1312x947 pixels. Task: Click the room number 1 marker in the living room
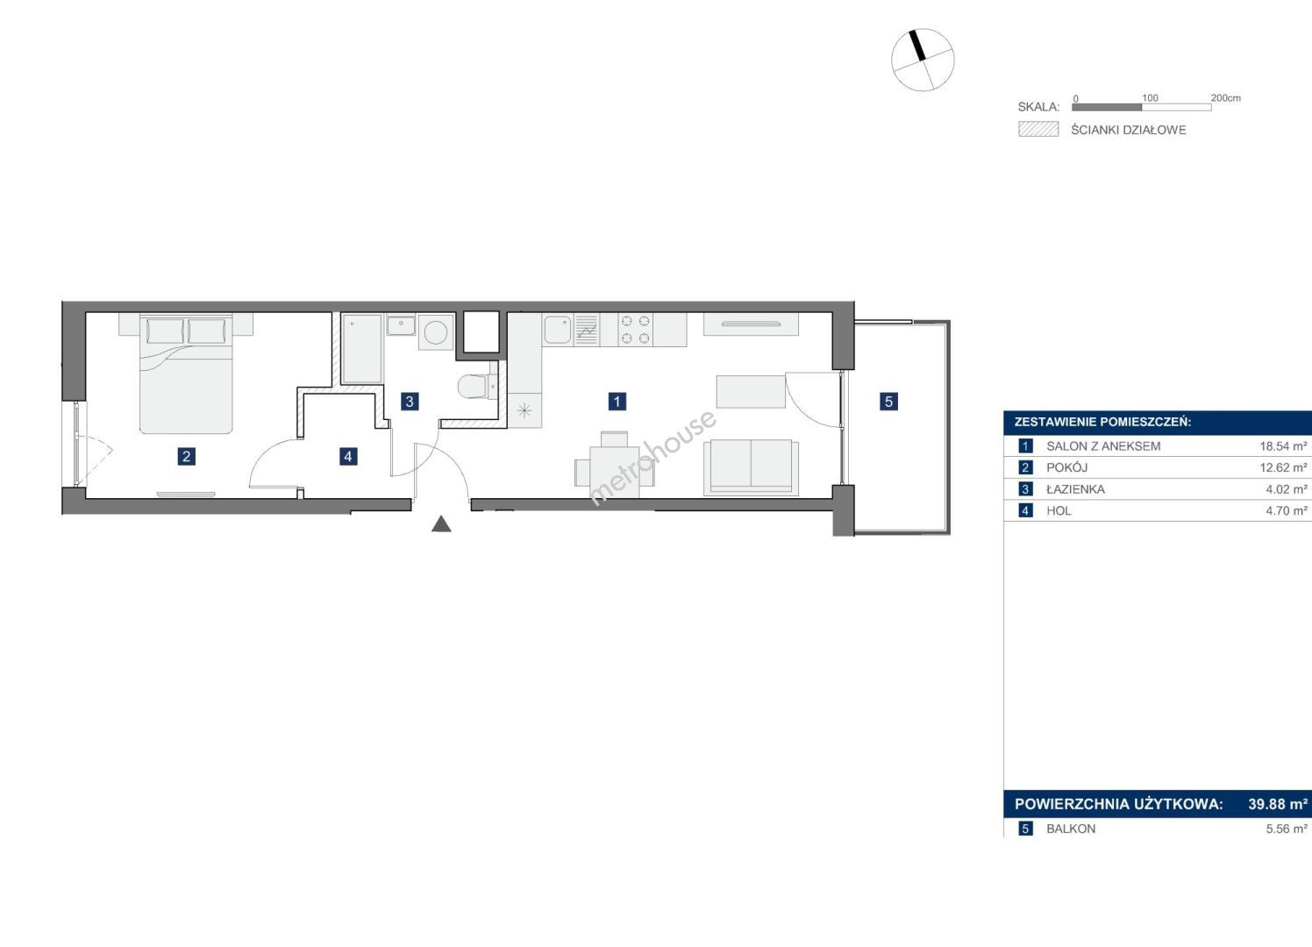pos(617,402)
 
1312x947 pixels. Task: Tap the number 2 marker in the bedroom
pos(186,456)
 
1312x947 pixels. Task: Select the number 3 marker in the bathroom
pos(410,402)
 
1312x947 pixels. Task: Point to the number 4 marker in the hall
pos(348,456)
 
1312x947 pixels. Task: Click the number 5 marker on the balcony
pos(888,402)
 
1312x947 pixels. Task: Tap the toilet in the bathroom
pos(474,386)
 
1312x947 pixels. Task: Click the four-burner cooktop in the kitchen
pos(636,329)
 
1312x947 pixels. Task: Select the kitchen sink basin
pos(558,330)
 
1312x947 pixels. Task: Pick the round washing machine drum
pos(437,332)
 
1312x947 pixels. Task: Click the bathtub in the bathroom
pos(362,349)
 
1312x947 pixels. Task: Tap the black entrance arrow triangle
pos(441,523)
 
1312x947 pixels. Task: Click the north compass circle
pos(923,60)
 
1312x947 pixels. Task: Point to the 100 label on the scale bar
pos(1150,98)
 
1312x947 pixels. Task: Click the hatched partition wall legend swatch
pos(1038,129)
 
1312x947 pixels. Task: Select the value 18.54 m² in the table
pos(1283,446)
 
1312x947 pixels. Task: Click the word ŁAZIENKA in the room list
pos(1075,489)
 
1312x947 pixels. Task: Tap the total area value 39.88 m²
pos(1277,804)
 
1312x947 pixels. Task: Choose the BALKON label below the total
pos(1071,829)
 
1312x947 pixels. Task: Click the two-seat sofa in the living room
pos(751,467)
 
